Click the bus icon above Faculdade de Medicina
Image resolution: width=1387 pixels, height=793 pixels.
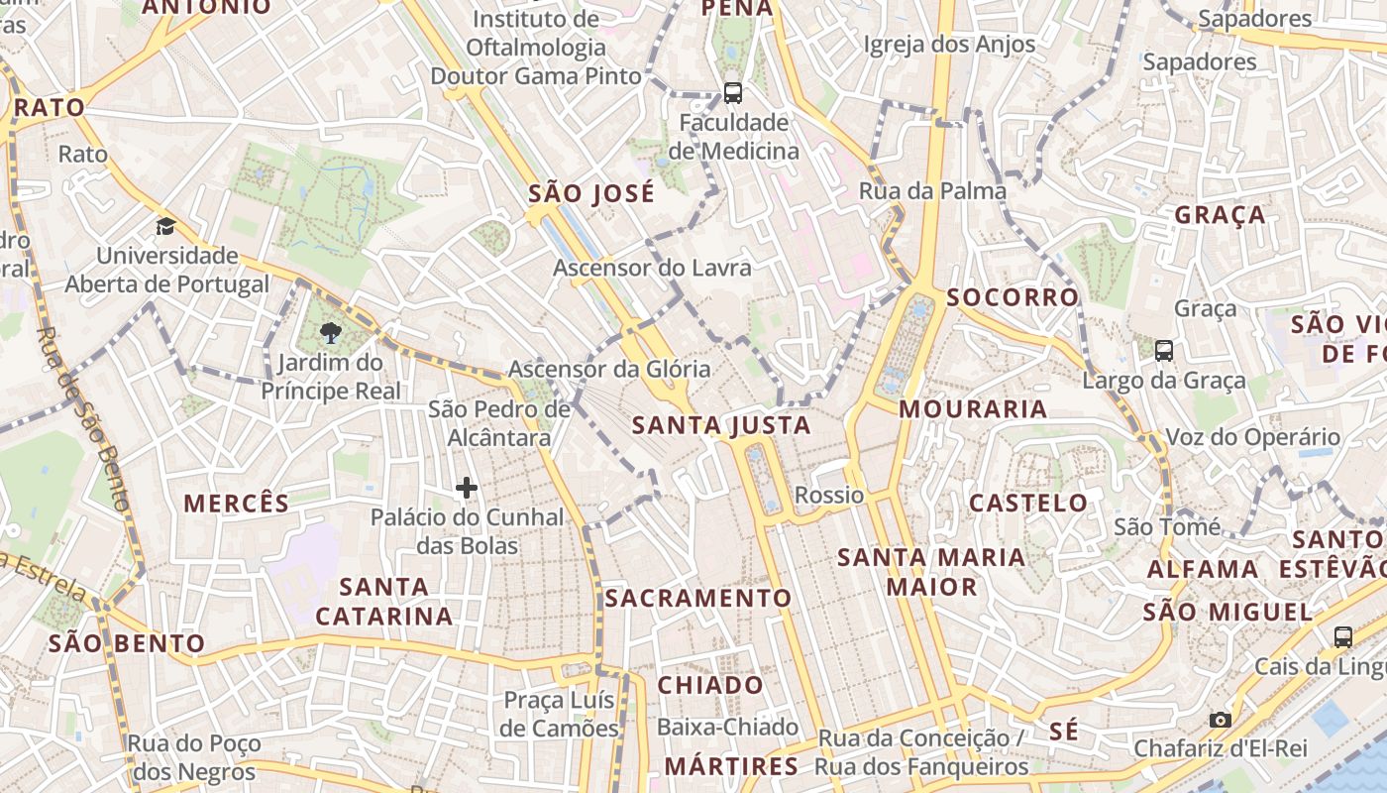tap(733, 93)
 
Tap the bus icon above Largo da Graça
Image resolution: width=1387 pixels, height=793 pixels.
tap(1164, 350)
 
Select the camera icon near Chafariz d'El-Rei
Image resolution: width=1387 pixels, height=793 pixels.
tap(1221, 720)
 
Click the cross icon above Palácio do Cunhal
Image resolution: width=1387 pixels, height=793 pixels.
tap(467, 487)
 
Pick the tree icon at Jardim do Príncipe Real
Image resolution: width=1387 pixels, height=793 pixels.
tap(331, 333)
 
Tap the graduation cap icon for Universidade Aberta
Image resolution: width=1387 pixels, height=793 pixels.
tap(165, 226)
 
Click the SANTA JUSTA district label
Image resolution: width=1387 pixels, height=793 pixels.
tap(721, 426)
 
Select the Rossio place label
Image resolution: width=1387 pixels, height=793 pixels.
tap(829, 495)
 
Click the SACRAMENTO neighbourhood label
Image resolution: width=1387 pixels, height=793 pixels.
tap(698, 598)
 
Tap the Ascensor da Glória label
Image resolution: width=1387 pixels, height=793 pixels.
tap(609, 369)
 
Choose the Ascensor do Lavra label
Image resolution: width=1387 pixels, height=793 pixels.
tap(652, 268)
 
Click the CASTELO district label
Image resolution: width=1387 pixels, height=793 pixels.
tap(1028, 503)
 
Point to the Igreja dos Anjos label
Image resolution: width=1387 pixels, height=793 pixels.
tap(949, 44)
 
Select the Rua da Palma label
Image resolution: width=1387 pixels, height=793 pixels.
tap(932, 190)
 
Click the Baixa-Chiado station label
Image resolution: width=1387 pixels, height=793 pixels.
tap(727, 727)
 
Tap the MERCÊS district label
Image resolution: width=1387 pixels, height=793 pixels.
tap(237, 503)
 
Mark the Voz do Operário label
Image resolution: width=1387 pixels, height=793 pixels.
tap(1252, 437)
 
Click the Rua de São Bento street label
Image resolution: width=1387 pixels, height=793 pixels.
tap(84, 417)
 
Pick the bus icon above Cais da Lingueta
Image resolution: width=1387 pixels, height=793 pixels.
tap(1343, 636)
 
